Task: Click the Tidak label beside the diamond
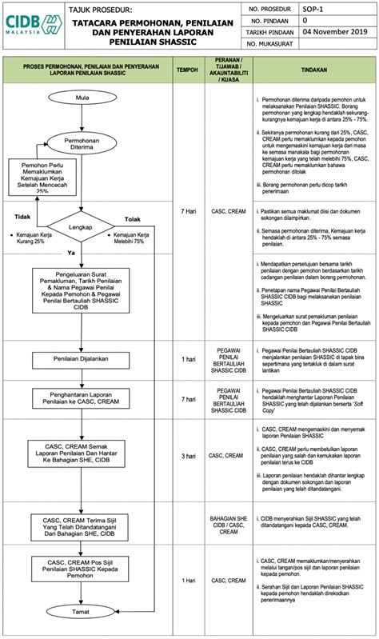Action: click(x=23, y=217)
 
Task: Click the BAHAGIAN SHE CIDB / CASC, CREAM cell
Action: click(x=228, y=524)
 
